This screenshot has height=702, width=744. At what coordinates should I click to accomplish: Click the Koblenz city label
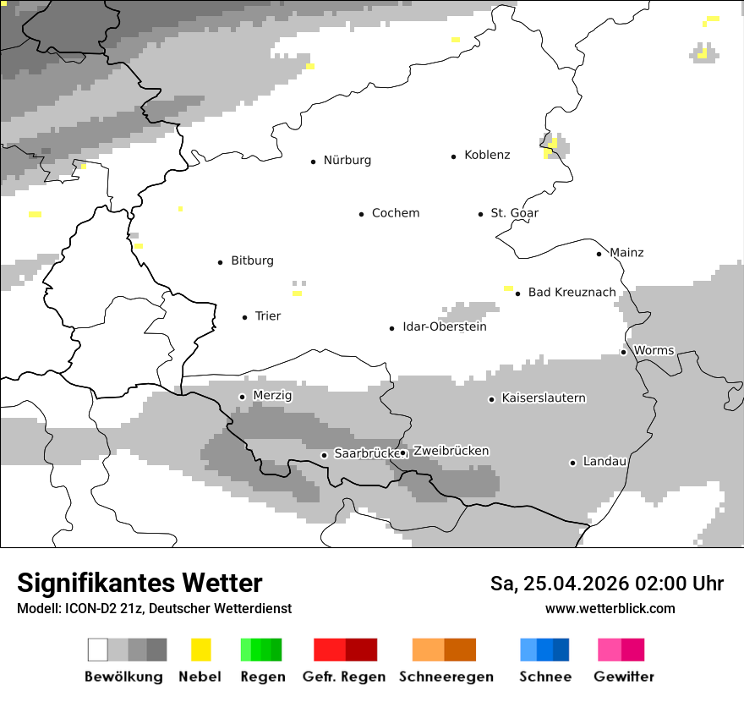click(487, 155)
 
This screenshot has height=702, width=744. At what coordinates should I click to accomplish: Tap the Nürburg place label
click(347, 160)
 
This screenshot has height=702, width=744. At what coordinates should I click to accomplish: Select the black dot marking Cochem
click(361, 214)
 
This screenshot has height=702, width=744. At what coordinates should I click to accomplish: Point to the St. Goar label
click(514, 213)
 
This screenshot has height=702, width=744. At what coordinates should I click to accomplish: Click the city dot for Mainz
click(599, 254)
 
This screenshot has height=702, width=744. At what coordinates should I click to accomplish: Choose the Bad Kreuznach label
click(572, 293)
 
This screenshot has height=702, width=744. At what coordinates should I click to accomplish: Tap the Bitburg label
click(252, 261)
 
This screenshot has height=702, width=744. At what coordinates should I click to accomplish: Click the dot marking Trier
click(245, 317)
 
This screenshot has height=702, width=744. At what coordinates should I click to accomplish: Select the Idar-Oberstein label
click(444, 326)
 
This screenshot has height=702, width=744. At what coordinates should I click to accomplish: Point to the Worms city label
click(654, 350)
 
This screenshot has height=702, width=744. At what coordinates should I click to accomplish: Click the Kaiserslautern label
click(543, 398)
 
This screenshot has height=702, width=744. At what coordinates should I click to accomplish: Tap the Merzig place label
click(272, 395)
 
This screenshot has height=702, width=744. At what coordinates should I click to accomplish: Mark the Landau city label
click(604, 462)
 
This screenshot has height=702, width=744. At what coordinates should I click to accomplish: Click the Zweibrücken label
click(451, 451)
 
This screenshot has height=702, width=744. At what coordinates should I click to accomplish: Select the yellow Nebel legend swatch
click(200, 650)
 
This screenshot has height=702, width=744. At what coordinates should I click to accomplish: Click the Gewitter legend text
click(623, 677)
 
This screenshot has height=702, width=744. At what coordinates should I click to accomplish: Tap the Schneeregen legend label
click(446, 677)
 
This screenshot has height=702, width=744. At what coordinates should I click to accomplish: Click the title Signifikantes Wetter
click(139, 583)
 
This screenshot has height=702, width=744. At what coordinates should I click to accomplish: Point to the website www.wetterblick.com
click(610, 609)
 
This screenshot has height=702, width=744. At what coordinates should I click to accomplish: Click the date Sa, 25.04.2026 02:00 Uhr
click(606, 584)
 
